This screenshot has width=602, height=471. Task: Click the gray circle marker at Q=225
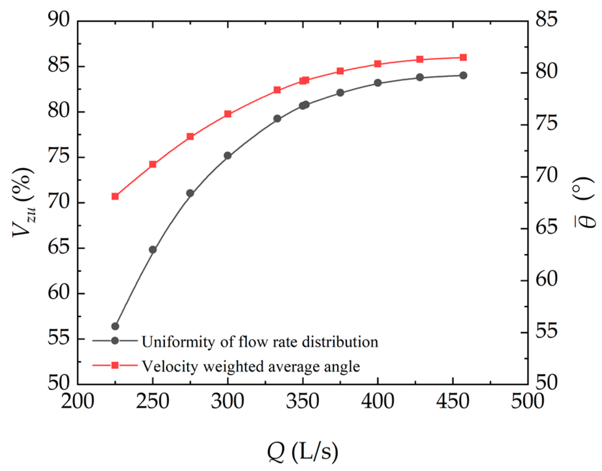115,326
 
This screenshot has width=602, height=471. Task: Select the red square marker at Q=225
115,196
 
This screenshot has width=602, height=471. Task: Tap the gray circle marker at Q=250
153,250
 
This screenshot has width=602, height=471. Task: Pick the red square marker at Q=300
228,114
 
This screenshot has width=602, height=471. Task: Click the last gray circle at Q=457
463,75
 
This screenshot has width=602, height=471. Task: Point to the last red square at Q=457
463,58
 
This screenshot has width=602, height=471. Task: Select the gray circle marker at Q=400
378,83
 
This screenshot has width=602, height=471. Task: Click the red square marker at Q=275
190,136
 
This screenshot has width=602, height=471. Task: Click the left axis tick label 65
59,248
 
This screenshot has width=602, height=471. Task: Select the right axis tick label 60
546,279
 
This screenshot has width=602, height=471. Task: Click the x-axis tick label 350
302,401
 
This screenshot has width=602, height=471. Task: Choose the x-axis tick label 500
527,401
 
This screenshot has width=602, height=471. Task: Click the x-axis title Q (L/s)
302,452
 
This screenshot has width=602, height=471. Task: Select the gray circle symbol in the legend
115,340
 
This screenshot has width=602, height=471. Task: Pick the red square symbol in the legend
115,365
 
